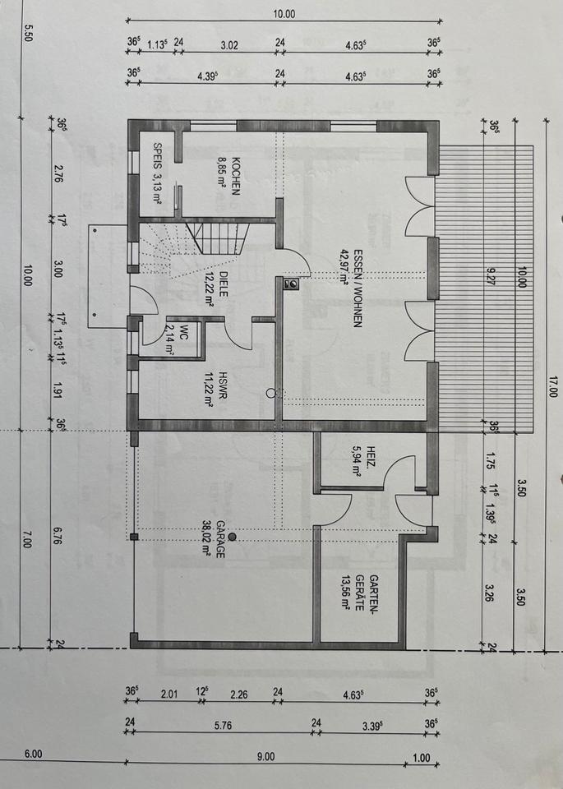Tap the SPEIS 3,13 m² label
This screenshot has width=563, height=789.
point(158,173)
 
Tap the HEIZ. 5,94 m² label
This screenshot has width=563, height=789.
point(364,461)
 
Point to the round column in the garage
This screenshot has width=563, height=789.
point(232,537)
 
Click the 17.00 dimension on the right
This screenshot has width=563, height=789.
point(553,386)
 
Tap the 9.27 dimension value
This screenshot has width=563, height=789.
point(491,276)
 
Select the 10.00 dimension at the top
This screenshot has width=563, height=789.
point(284,14)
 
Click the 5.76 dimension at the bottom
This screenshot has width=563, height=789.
point(223,725)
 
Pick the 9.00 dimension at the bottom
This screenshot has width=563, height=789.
point(265,756)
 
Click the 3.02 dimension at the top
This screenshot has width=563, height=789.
point(229,44)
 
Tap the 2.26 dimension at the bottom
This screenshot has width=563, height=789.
point(238,694)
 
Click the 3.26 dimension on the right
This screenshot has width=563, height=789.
point(490,593)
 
